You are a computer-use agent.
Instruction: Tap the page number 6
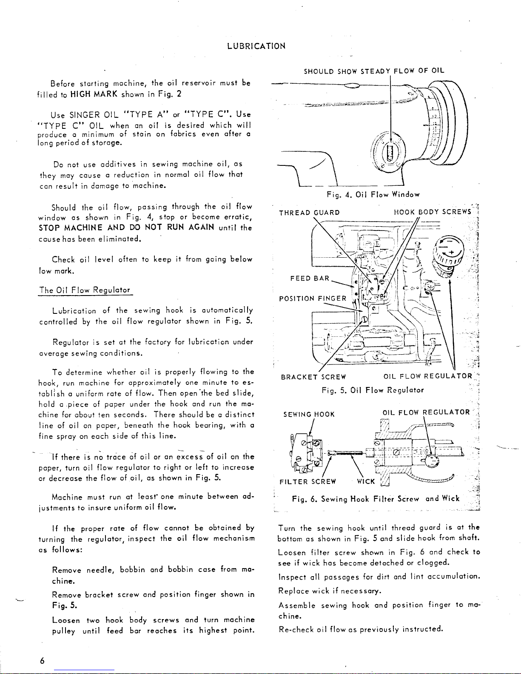42,660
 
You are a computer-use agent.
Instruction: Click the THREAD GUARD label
309,213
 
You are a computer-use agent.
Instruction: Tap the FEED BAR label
309,279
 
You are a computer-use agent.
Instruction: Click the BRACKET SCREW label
313,376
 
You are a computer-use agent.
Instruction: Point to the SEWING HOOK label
309,414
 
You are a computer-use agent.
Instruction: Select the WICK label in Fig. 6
365,481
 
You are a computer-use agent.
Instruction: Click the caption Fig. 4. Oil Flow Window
373,195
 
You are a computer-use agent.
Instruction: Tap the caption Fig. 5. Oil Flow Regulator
373,390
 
